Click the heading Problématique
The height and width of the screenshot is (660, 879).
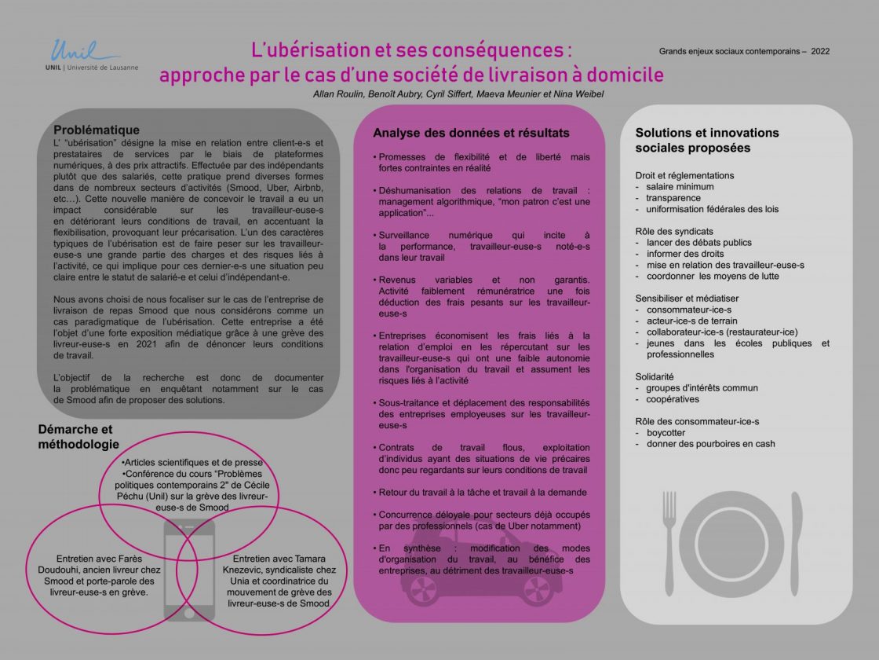(97, 130)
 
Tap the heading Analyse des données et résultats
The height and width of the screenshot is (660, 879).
(471, 133)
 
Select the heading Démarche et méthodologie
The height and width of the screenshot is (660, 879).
(75, 437)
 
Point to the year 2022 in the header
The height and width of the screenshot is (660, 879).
(820, 52)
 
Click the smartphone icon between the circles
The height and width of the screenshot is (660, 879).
(188, 569)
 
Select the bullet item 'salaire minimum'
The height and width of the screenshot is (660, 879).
(680, 187)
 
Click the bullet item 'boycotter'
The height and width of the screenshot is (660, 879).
(666, 433)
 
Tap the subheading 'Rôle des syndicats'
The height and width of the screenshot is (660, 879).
(674, 231)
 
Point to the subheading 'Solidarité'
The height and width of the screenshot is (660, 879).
(655, 376)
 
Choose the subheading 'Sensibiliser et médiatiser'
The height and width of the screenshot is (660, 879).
(687, 298)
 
